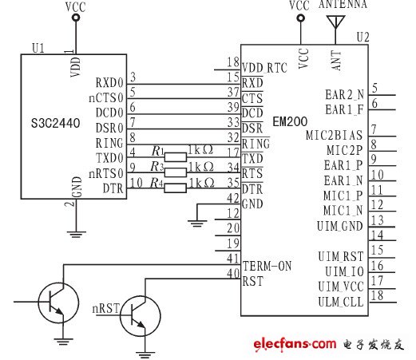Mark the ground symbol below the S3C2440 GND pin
point(77,234)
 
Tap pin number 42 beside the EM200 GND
point(232,198)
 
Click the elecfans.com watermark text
point(295,343)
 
